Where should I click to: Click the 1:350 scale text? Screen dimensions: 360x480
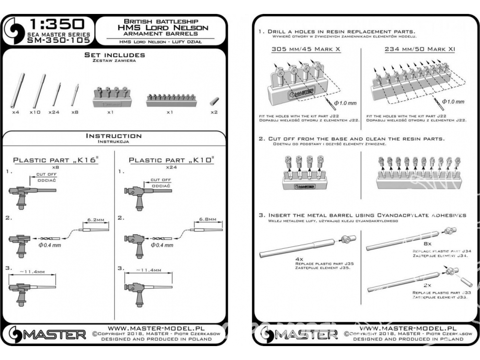[x=57, y=24]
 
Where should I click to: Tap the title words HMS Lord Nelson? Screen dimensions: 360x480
[x=162, y=28]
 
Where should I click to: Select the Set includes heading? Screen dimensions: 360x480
[x=114, y=55]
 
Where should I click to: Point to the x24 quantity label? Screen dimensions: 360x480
[x=54, y=112]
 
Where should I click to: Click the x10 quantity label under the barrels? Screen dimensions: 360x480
[x=34, y=112]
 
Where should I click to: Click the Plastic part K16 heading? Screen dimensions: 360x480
[x=55, y=160]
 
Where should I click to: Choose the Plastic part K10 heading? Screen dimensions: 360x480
[x=171, y=160]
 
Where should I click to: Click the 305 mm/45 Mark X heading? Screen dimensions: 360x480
[x=306, y=49]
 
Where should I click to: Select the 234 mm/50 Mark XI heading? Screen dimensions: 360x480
[x=420, y=49]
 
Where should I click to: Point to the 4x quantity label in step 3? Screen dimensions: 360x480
[x=299, y=258]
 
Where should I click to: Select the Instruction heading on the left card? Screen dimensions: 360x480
[x=114, y=136]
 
